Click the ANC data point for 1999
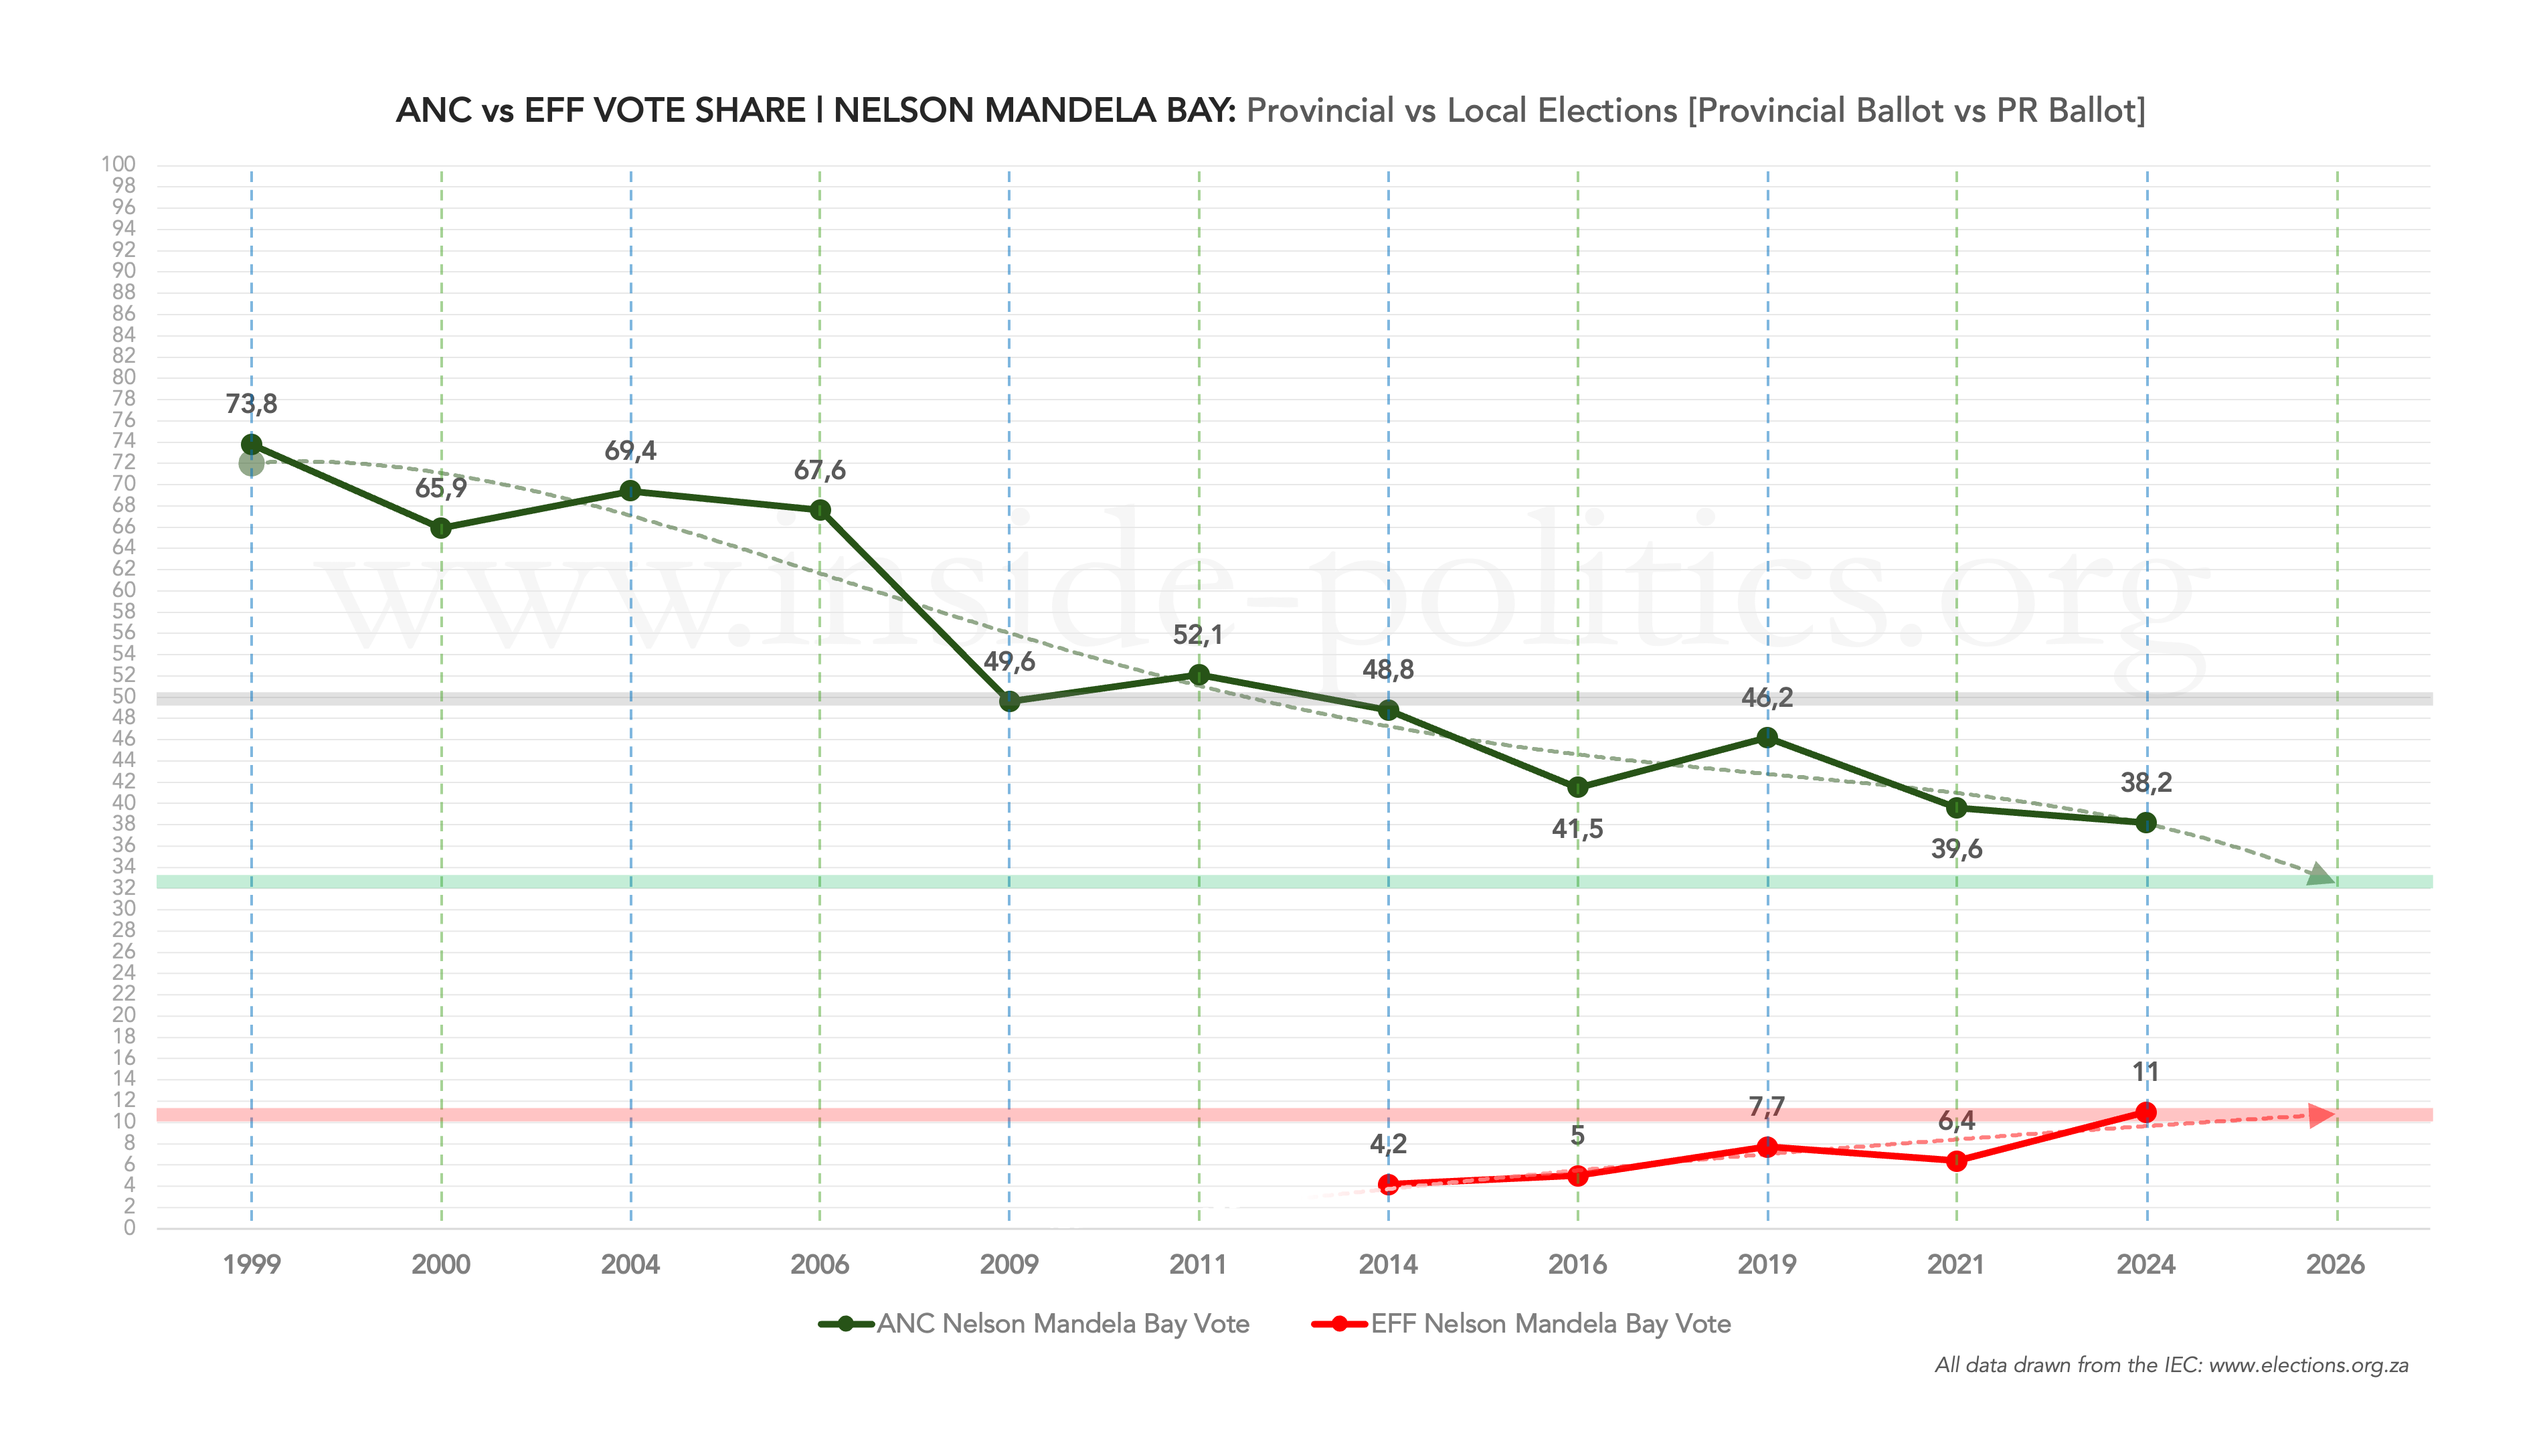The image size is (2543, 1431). click(252, 444)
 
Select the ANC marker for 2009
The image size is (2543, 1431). click(1009, 701)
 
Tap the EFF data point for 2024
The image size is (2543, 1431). click(2145, 1112)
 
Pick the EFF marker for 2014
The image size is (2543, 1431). click(1388, 1183)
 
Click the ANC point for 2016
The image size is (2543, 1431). click(1577, 787)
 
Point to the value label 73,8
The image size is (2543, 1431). click(252, 404)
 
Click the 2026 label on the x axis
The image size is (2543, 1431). click(2335, 1264)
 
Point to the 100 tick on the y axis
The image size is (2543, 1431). click(118, 164)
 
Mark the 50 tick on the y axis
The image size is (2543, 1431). click(123, 695)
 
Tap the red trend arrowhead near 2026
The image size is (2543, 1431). click(2322, 1115)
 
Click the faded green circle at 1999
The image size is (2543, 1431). click(251, 463)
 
